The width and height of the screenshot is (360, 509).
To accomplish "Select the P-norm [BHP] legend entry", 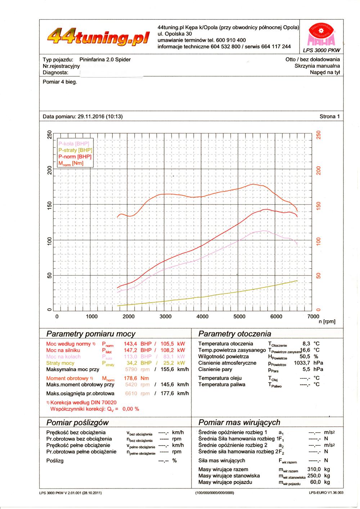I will point(75,157).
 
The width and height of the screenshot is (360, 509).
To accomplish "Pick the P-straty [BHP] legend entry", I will point(75,150).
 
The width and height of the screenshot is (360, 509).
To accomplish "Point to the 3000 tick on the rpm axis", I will point(165,316).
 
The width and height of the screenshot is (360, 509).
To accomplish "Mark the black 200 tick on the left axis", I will point(50,170).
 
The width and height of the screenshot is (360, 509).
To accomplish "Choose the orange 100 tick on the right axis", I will point(318,241).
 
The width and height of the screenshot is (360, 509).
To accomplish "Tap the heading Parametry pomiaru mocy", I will point(91,334).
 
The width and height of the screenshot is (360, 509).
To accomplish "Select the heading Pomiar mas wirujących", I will point(239,422).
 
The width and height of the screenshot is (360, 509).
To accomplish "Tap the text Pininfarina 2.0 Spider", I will point(105,59).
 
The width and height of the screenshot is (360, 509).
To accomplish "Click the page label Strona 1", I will point(329,116).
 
